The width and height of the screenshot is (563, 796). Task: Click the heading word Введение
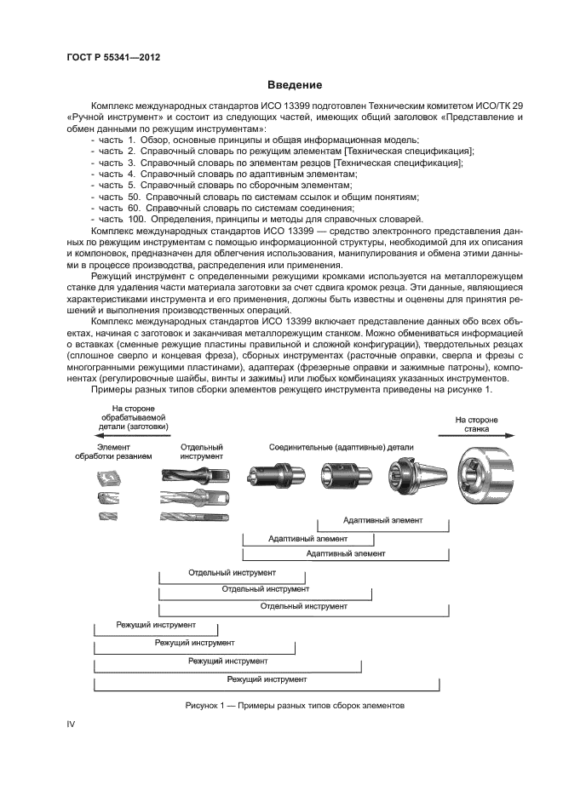tap(294, 85)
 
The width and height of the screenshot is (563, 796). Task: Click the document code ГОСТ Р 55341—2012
tap(113, 57)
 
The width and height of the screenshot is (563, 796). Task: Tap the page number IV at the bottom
tap(72, 724)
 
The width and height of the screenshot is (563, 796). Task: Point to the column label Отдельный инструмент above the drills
tap(202, 451)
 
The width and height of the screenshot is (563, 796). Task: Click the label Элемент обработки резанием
tap(124, 451)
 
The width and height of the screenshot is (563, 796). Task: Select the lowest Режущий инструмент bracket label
tap(267, 679)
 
